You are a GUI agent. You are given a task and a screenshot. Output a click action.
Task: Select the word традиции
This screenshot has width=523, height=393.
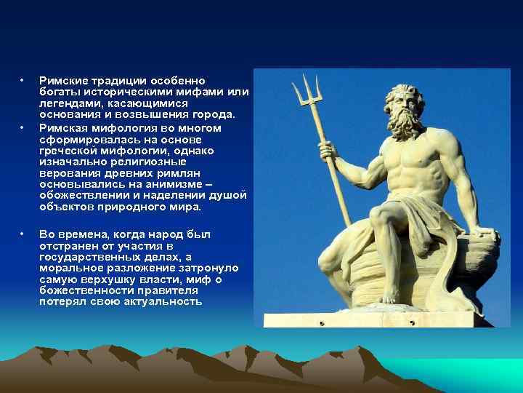[113, 81]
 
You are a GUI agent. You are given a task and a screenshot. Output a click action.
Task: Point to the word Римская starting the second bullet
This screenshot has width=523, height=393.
[62, 127]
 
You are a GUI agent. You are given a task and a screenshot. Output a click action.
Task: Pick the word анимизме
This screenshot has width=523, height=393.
[169, 185]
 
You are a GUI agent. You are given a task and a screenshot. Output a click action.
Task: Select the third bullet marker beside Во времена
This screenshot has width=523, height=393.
[23, 234]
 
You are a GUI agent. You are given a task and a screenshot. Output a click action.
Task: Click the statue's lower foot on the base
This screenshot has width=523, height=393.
[389, 296]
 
